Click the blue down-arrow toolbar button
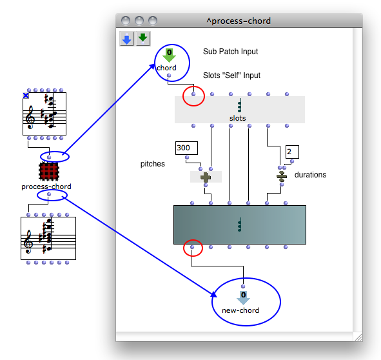127,39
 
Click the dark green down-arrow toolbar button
143,39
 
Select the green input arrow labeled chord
169,55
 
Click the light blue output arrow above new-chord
243,297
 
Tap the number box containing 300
186,148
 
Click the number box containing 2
292,152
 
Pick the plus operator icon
206,177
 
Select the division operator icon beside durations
282,176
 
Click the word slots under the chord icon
238,118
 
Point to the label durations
310,175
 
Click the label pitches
153,164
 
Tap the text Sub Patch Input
230,52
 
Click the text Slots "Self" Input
231,75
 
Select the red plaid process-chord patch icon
49,172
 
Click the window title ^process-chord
239,21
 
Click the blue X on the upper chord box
26,95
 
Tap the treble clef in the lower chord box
28,242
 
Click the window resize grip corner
358,337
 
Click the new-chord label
240,310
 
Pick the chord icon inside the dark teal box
240,225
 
